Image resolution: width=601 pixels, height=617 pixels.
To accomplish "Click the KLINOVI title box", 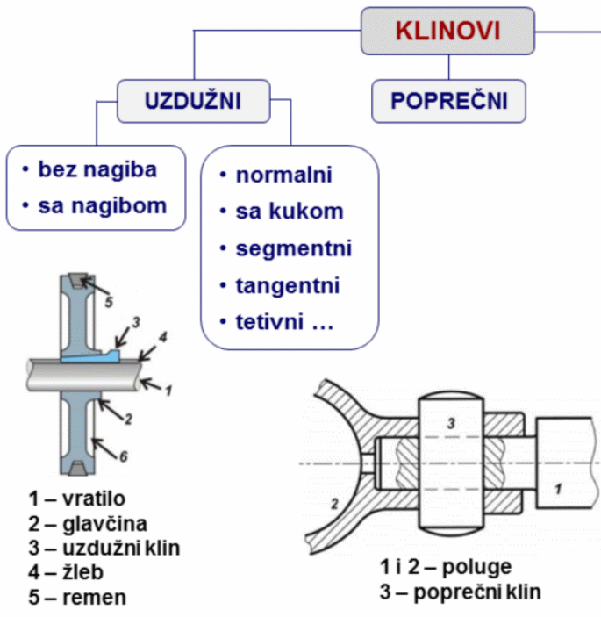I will point(447,31).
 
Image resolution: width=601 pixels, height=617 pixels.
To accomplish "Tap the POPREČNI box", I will point(449,100).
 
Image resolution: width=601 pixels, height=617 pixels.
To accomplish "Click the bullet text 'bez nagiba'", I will point(97,169).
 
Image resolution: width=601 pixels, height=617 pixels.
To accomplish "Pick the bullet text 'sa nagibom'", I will point(102,206).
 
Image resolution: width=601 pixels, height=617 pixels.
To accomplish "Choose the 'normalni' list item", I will point(283,175).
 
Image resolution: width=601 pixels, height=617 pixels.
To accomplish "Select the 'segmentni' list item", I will point(293,248).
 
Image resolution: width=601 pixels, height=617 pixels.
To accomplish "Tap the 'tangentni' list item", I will point(287,285).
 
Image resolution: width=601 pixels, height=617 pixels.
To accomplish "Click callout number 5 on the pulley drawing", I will point(109,301).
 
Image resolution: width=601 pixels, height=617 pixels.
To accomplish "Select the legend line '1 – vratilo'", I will point(76,499).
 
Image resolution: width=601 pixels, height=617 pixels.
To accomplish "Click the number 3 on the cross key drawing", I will point(451,424).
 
